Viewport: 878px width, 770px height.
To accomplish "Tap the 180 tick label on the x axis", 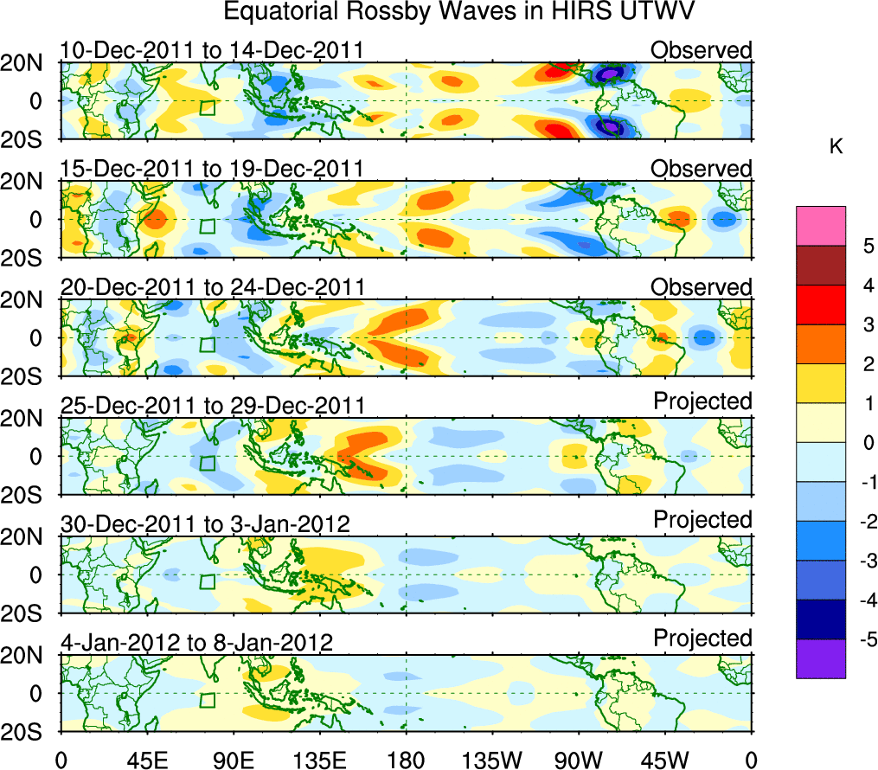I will pyautogui.click(x=407, y=760).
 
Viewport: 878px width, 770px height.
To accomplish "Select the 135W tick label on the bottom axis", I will pyautogui.click(x=492, y=760).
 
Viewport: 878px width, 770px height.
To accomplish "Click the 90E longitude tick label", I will pyautogui.click(x=233, y=760).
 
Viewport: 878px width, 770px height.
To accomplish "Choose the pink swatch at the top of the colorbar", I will pyautogui.click(x=820, y=226).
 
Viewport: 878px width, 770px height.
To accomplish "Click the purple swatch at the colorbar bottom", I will pyautogui.click(x=820, y=659).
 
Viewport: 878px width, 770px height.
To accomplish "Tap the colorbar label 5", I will pyautogui.click(x=868, y=246).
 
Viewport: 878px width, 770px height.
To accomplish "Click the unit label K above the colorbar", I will pyautogui.click(x=836, y=148).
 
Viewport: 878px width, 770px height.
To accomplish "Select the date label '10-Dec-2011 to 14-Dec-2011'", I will pyautogui.click(x=211, y=50).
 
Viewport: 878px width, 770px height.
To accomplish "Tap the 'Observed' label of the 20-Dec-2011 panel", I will pyautogui.click(x=702, y=286).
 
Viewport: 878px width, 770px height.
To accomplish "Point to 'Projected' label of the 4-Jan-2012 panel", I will pyautogui.click(x=702, y=638).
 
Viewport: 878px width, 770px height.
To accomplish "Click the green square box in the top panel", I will pyautogui.click(x=207, y=108).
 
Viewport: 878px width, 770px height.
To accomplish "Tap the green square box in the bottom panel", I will pyautogui.click(x=207, y=701).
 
